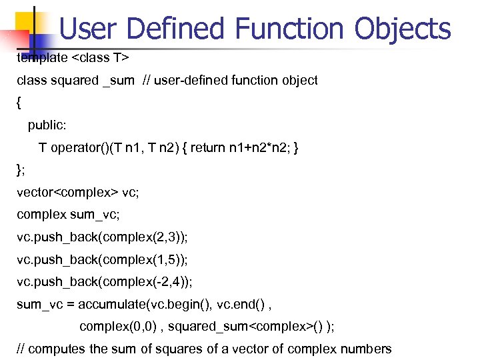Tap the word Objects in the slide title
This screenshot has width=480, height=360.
[403, 29]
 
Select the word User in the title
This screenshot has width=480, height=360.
[88, 29]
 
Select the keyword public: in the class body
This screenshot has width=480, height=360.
[47, 125]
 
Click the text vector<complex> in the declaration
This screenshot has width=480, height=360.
[67, 193]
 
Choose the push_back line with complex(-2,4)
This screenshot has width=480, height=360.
[104, 281]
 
